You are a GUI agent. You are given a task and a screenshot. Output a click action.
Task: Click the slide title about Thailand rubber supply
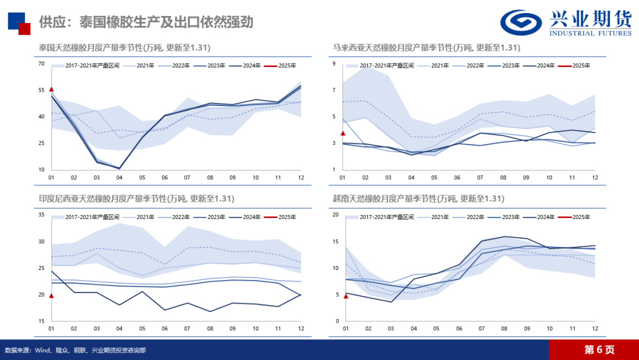pos(146,22)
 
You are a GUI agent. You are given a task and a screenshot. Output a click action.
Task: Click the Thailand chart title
pos(124,47)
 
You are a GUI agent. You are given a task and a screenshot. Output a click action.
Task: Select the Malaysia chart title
pos(426,47)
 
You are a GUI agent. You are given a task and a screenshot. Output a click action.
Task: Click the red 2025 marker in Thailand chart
pos(51,89)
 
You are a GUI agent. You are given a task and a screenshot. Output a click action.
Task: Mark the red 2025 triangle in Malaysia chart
pos(343,133)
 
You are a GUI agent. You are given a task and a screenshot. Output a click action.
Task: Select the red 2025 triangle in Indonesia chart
pos(51,295)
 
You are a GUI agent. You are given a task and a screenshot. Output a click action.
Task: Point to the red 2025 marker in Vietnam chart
pos(346,296)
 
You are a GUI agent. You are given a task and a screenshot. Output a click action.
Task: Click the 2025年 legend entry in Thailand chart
pos(284,66)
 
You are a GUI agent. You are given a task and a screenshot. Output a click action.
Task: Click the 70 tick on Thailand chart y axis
pos(42,63)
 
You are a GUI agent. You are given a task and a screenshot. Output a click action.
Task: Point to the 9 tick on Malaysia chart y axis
pos(334,63)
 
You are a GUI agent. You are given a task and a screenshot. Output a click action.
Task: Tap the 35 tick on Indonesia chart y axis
pos(42,214)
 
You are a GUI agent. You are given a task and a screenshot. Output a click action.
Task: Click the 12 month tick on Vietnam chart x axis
pos(595,329)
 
